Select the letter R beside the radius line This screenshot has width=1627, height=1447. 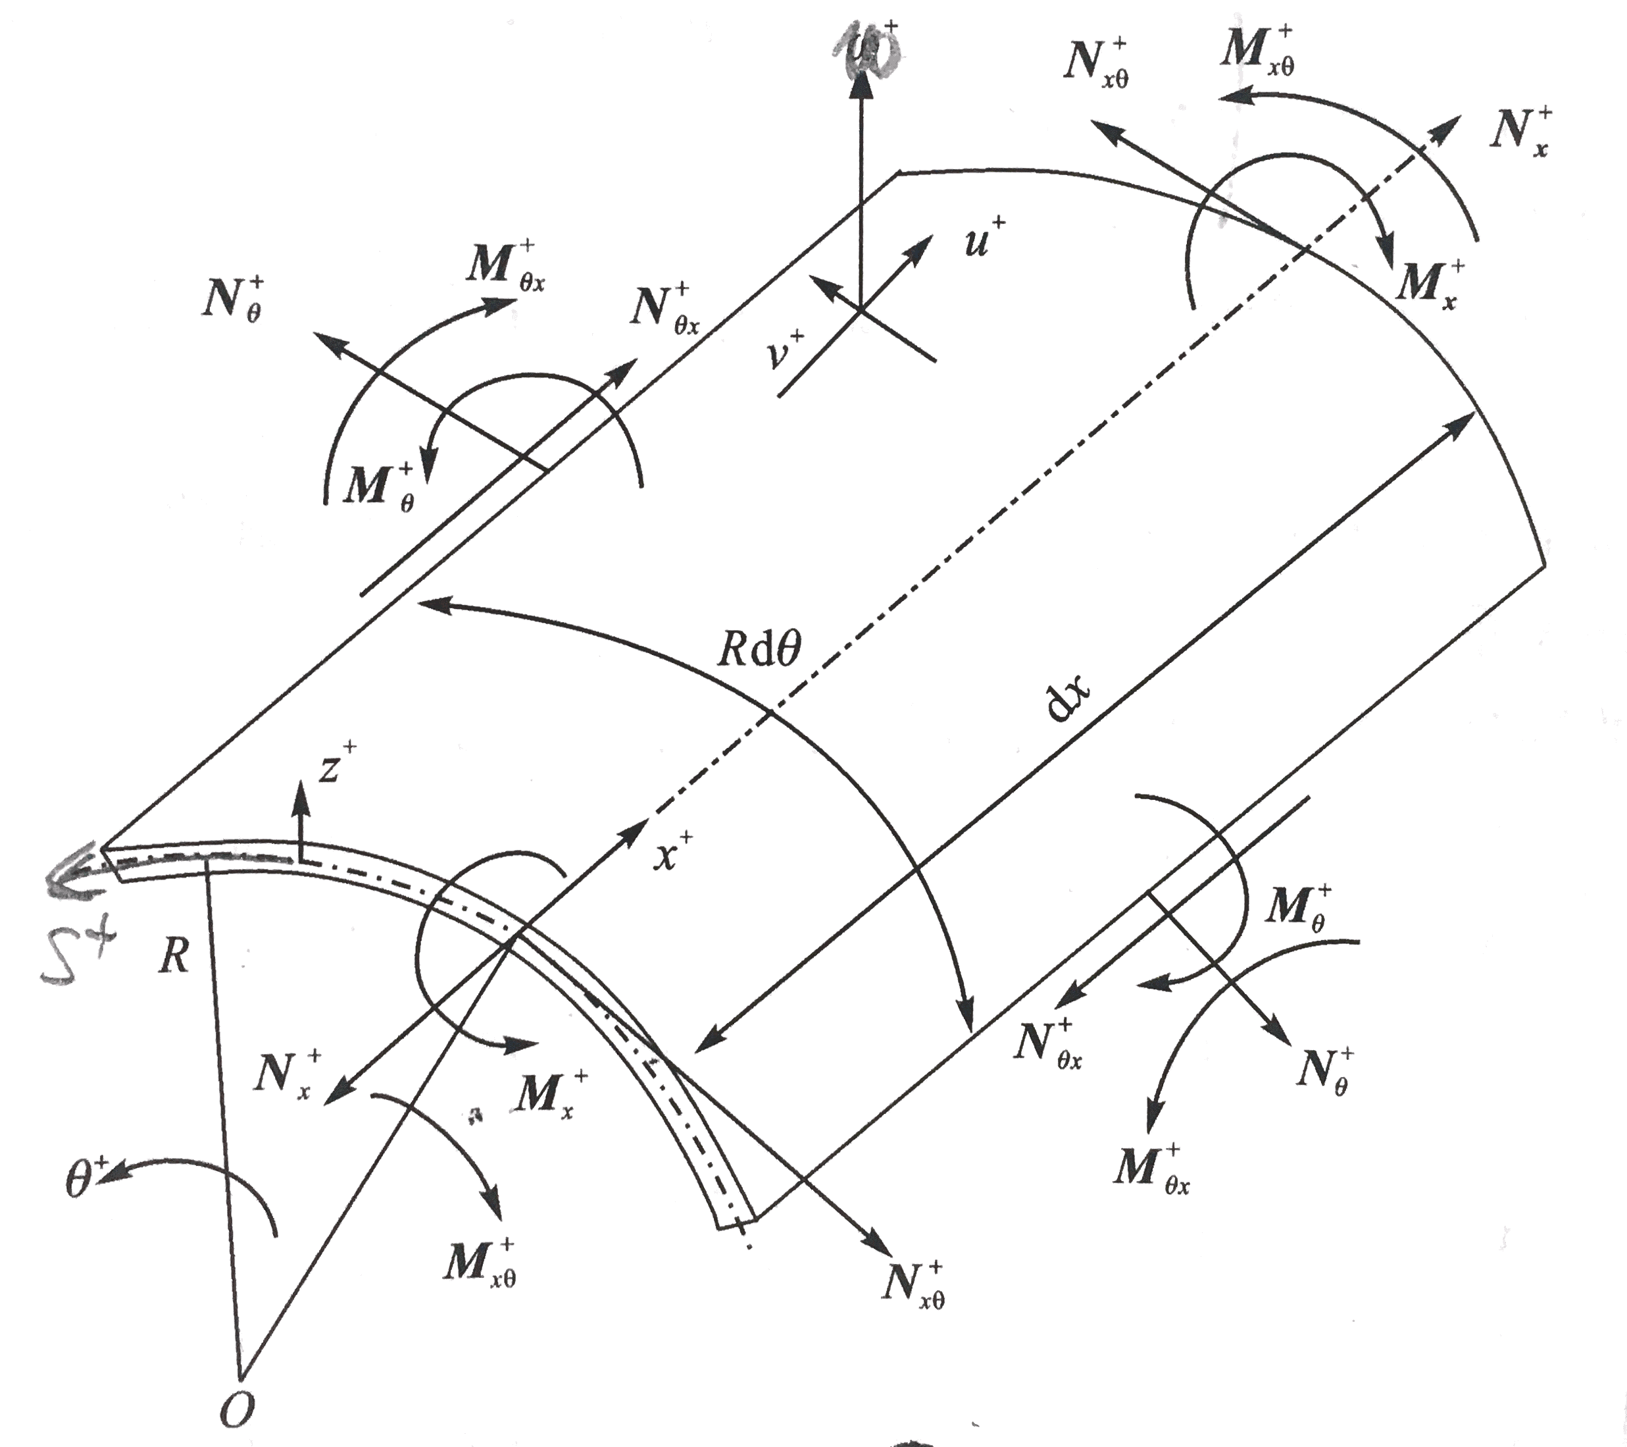174,957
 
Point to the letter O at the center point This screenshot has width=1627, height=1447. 236,1410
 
